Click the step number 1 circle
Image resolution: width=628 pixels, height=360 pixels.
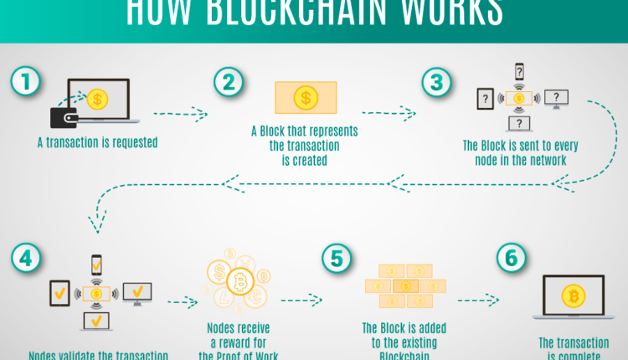(25, 81)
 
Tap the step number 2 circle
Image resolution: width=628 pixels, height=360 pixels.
(228, 81)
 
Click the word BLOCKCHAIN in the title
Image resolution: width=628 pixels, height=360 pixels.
(311, 12)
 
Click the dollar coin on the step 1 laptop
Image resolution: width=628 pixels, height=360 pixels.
(97, 100)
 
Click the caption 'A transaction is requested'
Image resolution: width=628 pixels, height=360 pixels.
(97, 143)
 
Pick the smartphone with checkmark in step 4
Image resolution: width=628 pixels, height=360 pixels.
(96, 266)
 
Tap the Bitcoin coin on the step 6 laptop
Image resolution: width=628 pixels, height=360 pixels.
(574, 296)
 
